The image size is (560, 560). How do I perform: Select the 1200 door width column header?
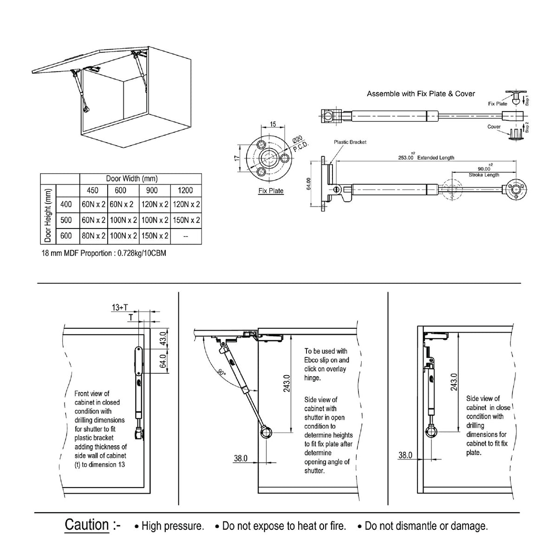185,190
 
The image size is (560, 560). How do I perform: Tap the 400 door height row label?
66,204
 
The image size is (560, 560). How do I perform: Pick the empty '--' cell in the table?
185,236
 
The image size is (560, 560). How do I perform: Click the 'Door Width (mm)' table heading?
132,179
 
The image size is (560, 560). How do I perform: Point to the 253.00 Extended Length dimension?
426,158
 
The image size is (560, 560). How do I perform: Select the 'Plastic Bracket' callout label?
350,142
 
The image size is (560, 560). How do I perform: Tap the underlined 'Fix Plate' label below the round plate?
271,191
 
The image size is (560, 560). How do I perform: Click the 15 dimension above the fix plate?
273,124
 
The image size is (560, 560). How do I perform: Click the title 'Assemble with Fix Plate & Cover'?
421,94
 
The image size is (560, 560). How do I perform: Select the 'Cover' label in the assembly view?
494,127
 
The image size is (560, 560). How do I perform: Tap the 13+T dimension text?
120,307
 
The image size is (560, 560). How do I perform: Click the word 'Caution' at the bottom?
87,525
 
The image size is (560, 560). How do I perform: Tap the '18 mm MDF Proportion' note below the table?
104,254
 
